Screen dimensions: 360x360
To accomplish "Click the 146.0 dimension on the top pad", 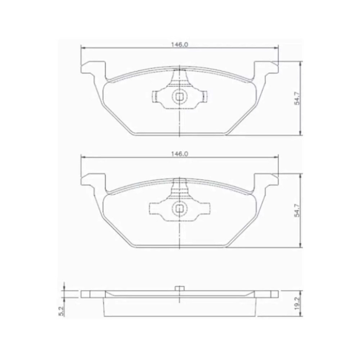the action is click(x=179, y=45).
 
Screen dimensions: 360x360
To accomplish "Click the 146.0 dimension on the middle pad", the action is click(x=179, y=154).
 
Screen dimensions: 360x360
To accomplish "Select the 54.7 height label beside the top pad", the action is click(x=297, y=98).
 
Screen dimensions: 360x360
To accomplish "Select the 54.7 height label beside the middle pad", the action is click(x=297, y=210).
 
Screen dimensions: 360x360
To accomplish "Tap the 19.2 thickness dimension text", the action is click(x=297, y=304).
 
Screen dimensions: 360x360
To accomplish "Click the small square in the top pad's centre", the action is click(x=179, y=97).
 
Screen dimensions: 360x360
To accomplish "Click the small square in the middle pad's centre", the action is click(x=179, y=209).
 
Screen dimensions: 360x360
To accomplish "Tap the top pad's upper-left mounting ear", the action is click(x=93, y=68).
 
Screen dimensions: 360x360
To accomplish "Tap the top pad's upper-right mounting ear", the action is click(x=266, y=68).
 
